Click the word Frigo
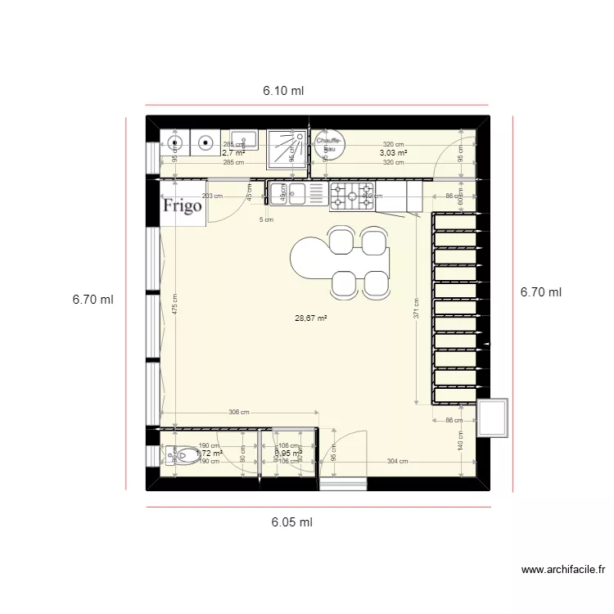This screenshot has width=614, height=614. [182, 205]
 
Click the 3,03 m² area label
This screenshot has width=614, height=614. [394, 152]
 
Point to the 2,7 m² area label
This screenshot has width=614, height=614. [233, 152]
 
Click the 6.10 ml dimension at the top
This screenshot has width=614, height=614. [283, 92]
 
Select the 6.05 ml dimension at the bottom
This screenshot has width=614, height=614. [291, 521]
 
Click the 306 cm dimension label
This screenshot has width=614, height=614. [239, 413]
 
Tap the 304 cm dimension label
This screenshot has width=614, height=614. [397, 462]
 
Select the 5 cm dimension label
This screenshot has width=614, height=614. [266, 219]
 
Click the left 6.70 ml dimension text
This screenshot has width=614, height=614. [93, 300]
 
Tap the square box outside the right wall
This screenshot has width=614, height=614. [493, 418]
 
